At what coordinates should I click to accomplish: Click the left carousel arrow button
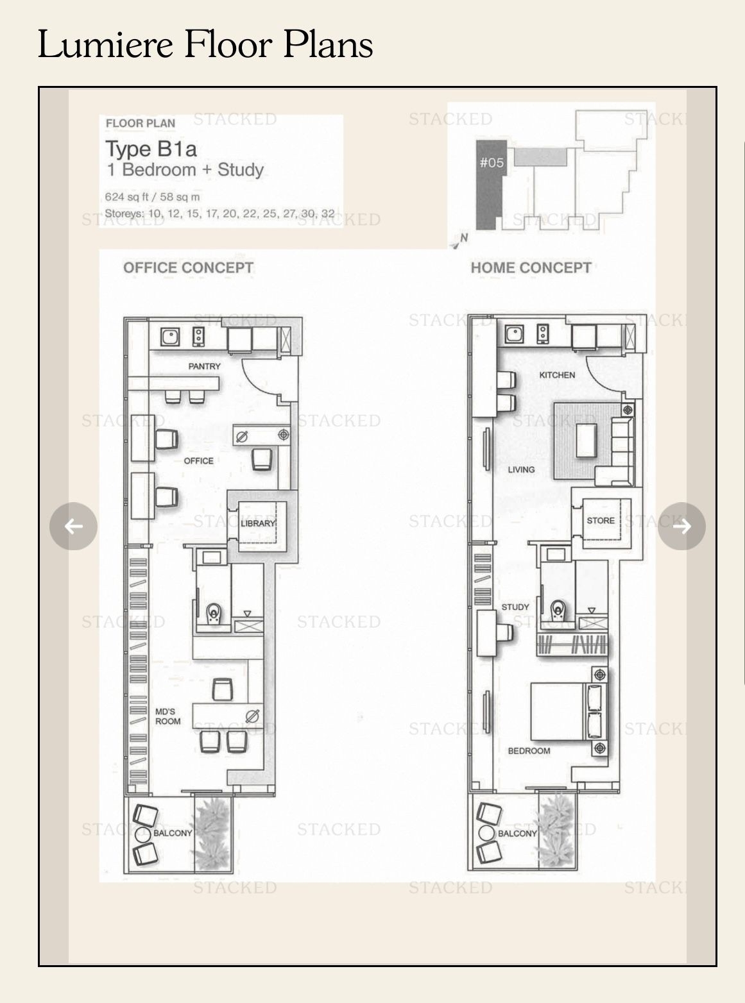[x=73, y=526]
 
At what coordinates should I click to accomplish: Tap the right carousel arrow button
[x=681, y=526]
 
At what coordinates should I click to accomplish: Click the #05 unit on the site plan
[x=491, y=185]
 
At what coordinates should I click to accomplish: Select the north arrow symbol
[x=460, y=240]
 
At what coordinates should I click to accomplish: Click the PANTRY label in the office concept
[x=204, y=366]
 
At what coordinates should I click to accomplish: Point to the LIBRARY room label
[x=258, y=523]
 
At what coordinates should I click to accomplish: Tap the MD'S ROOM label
[x=168, y=716]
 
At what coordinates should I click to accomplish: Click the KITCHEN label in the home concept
[x=557, y=375]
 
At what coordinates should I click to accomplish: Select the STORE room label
[x=601, y=521]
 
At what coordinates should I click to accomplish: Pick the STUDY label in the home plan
[x=515, y=607]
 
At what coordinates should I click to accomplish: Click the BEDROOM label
[x=529, y=751]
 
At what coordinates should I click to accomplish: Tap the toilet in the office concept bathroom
[x=214, y=614]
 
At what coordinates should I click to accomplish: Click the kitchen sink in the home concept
[x=515, y=334]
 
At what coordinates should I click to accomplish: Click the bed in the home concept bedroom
[x=568, y=711]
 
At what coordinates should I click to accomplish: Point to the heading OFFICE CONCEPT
[x=188, y=267]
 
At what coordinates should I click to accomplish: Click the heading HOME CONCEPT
[x=531, y=267]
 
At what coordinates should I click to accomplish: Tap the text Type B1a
[x=151, y=149]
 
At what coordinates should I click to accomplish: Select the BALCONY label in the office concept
[x=173, y=833]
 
